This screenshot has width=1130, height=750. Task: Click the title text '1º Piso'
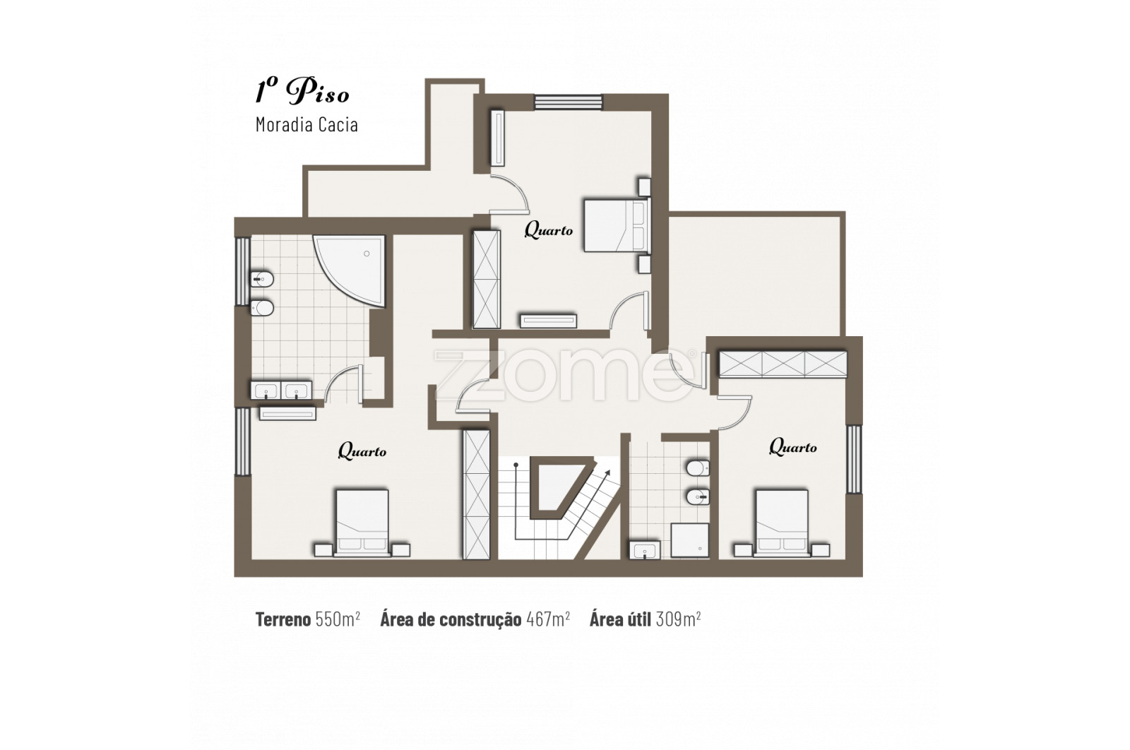tap(302, 91)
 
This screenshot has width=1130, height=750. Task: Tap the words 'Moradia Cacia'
tap(307, 124)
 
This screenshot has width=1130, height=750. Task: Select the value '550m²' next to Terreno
tap(338, 619)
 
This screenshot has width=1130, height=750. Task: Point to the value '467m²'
tap(548, 619)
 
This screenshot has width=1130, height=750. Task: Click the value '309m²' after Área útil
tap(678, 619)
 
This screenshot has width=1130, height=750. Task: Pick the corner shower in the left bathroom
tap(350, 270)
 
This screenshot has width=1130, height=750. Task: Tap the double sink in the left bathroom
tap(282, 391)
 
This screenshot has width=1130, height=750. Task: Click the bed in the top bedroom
tap(617, 225)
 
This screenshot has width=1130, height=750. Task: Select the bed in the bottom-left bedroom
tap(362, 523)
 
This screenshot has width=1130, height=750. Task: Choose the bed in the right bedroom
tap(782, 523)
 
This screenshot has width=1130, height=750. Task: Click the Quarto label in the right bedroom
tap(792, 447)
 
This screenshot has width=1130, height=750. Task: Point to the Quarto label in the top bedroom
tap(548, 230)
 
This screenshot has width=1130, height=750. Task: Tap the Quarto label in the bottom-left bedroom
tap(362, 451)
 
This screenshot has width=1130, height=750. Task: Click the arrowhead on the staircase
tap(607, 473)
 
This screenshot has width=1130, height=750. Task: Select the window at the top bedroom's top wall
tap(569, 102)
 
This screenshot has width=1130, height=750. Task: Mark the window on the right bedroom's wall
tap(854, 459)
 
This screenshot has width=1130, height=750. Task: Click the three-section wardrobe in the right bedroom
tap(783, 364)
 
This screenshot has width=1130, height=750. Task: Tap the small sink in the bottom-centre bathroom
tap(644, 549)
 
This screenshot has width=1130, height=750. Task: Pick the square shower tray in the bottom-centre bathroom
tap(689, 541)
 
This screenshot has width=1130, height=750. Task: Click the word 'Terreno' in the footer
tap(283, 619)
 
